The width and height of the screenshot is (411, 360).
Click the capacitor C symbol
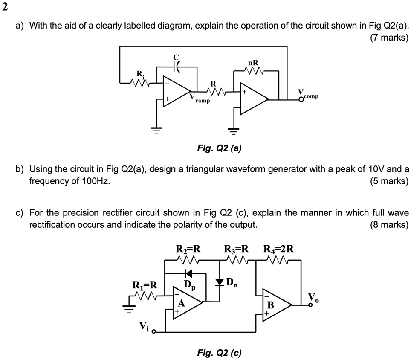[176, 67]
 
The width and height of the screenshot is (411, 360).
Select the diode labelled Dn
[220, 282]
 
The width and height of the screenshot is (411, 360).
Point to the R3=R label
[236, 249]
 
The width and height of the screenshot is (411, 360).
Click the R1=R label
[145, 285]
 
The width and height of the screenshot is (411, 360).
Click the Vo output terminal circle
[311, 305]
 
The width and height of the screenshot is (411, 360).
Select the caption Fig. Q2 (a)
[219, 148]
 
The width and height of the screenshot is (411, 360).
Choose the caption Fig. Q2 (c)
[219, 353]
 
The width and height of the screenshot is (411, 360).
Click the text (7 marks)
[389, 38]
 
